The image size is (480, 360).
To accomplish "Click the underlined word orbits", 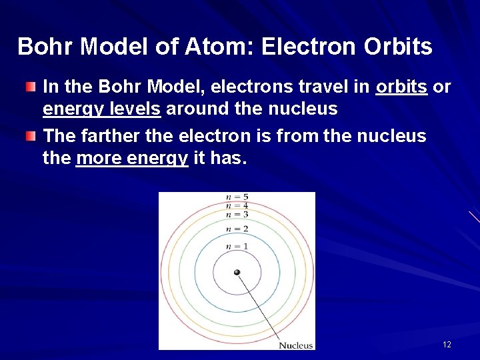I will (401, 87).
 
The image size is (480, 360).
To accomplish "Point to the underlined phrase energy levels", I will (101, 109).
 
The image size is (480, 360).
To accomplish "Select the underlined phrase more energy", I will (132, 159).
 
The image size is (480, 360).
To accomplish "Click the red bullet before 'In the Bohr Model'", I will (31, 87).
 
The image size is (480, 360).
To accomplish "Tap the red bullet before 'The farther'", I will (31, 136).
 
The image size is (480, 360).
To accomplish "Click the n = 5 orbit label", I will (237, 197).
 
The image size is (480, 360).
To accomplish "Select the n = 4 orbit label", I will (237, 206).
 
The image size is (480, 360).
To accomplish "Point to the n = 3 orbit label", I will (237, 215).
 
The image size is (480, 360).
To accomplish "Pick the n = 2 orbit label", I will (237, 229).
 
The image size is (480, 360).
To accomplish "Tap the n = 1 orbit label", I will (237, 247).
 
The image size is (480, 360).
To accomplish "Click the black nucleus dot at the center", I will (237, 272).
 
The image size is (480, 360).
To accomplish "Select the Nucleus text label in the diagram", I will (295, 345).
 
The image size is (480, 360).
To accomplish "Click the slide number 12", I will (447, 345).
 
